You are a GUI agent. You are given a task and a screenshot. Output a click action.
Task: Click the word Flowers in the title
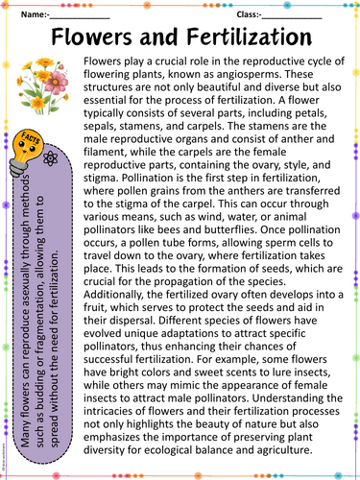[97, 39]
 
